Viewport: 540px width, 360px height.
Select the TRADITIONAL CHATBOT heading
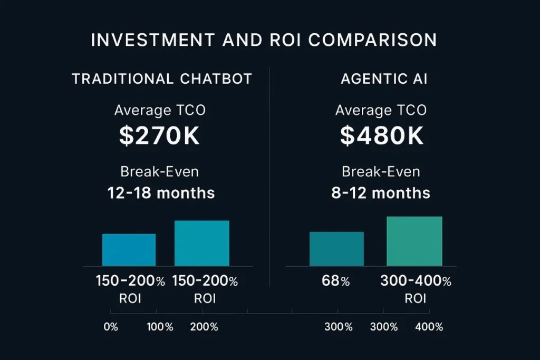tap(162, 79)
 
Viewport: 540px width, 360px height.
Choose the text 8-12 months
tap(381, 193)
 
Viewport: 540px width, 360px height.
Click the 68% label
tap(336, 281)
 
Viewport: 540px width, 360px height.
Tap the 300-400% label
tap(416, 281)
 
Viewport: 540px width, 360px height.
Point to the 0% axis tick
tap(111, 327)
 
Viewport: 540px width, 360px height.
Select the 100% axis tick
tap(160, 327)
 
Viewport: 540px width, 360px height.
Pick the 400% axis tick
tap(429, 327)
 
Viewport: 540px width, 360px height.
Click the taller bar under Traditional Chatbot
tap(202, 243)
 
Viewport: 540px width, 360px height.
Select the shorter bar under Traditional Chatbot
tap(129, 250)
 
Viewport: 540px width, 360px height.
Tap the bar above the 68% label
tap(336, 249)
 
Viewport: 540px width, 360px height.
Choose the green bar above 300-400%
tap(414, 241)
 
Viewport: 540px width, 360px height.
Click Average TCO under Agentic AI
tap(381, 110)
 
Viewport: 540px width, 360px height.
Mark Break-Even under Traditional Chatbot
tap(159, 172)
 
